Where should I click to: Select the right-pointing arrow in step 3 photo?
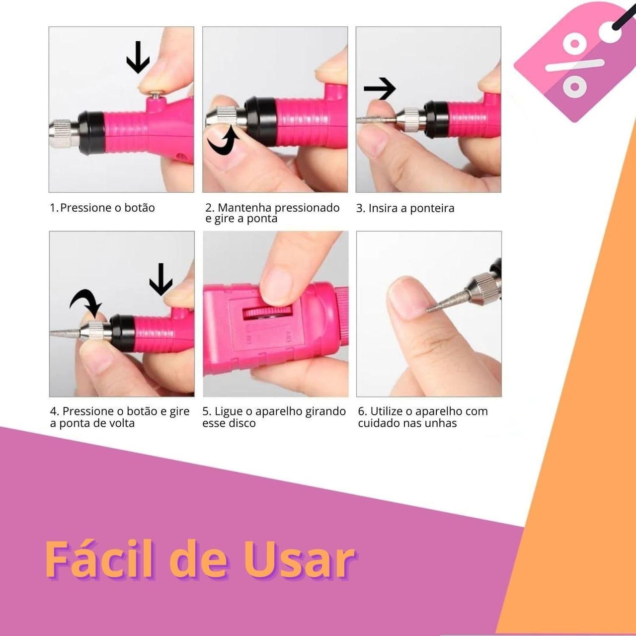tap(380, 88)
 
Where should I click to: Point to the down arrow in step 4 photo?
tap(161, 279)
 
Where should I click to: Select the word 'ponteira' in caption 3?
tap(432, 208)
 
